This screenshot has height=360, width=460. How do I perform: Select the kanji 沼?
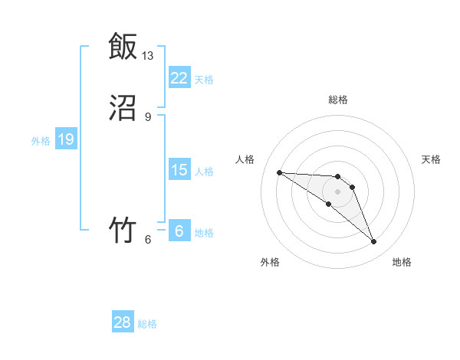(x=123, y=109)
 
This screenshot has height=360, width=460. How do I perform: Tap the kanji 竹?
(x=123, y=230)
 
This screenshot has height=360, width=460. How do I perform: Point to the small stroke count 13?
(x=148, y=56)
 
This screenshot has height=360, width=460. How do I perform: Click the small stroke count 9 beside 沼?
(x=148, y=117)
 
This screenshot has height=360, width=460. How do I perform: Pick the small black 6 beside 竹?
(x=148, y=240)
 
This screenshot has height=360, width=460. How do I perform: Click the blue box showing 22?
(x=179, y=78)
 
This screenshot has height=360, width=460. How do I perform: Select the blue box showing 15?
(x=179, y=170)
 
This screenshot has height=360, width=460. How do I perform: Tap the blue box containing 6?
(x=179, y=231)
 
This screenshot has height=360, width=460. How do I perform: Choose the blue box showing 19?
(x=65, y=139)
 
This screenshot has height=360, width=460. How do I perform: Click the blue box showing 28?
(x=123, y=323)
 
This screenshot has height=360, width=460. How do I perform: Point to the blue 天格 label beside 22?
(x=204, y=79)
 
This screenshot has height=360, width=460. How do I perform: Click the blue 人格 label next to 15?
(x=204, y=171)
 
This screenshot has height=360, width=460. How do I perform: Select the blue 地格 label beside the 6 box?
(x=204, y=232)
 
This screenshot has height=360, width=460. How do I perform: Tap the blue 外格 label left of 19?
(x=41, y=140)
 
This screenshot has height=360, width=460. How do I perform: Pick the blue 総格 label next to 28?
(x=147, y=324)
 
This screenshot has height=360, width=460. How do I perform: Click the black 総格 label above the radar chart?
(x=338, y=100)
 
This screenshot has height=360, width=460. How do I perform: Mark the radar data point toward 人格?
(x=280, y=172)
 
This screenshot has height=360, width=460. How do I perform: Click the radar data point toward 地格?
(x=373, y=242)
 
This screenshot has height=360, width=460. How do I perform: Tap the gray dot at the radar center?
(x=338, y=191)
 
